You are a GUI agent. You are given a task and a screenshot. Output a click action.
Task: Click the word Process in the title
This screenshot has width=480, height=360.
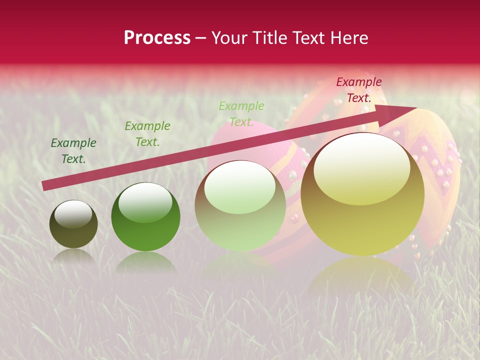pyautogui.click(x=157, y=38)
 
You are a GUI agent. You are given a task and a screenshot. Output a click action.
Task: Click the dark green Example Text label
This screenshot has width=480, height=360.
pyautogui.click(x=73, y=151)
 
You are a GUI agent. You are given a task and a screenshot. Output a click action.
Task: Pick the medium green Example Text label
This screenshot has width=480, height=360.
pyautogui.click(x=147, y=134)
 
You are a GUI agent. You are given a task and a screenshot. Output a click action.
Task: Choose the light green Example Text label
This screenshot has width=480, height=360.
pyautogui.click(x=241, y=114)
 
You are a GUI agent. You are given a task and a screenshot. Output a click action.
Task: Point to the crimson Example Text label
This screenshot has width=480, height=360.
pyautogui.click(x=359, y=90)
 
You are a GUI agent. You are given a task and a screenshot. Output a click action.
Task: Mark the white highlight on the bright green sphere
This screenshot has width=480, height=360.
pyautogui.click(x=145, y=201)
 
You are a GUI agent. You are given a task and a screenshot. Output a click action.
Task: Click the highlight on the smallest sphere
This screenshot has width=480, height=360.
pyautogui.click(x=73, y=213)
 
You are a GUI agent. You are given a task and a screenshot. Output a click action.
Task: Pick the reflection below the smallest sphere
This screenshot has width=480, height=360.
pyautogui.click(x=73, y=256)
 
